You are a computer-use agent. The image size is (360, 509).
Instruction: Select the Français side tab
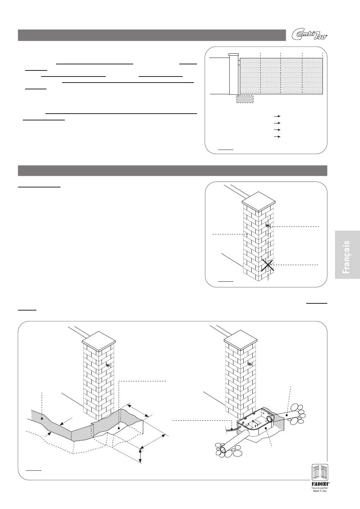[347, 254]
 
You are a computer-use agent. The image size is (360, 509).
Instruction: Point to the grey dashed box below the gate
[245, 99]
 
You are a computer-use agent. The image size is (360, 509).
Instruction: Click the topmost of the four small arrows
[277, 116]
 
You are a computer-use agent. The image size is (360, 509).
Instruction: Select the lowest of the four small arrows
[277, 137]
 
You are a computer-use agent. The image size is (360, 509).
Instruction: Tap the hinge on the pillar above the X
[268, 226]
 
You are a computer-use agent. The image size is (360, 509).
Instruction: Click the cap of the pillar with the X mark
[258, 202]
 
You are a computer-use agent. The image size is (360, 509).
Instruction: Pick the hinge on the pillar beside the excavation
[108, 365]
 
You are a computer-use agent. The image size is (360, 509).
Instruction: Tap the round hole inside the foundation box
[269, 417]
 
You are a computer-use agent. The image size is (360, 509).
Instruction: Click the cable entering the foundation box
[232, 429]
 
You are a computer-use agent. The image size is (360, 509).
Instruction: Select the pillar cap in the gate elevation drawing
[234, 55]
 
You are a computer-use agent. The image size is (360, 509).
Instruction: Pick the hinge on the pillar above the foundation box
[250, 364]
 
